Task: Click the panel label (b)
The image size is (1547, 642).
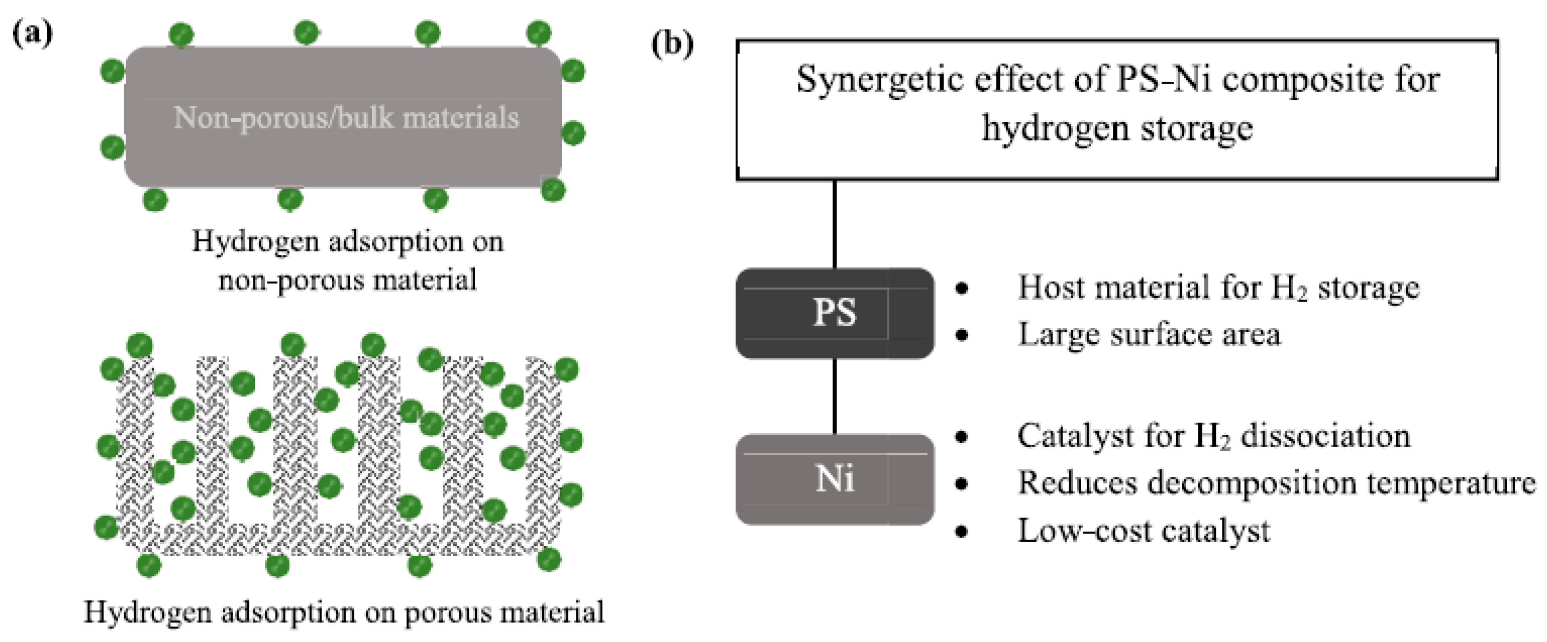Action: (672, 45)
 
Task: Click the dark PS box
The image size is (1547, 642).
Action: (834, 313)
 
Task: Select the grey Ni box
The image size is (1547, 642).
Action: (834, 479)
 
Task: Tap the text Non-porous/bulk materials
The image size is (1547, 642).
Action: (346, 118)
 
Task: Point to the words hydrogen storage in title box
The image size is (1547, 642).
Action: (1117, 128)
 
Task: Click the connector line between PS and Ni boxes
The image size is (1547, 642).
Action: (834, 396)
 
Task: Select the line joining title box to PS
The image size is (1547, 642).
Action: (834, 224)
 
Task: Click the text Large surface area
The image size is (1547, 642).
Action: (1149, 335)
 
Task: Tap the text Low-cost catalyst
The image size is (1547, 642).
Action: (1143, 531)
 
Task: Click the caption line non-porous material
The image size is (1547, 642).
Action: (347, 280)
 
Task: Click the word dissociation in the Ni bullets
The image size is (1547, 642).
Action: (1325, 436)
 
